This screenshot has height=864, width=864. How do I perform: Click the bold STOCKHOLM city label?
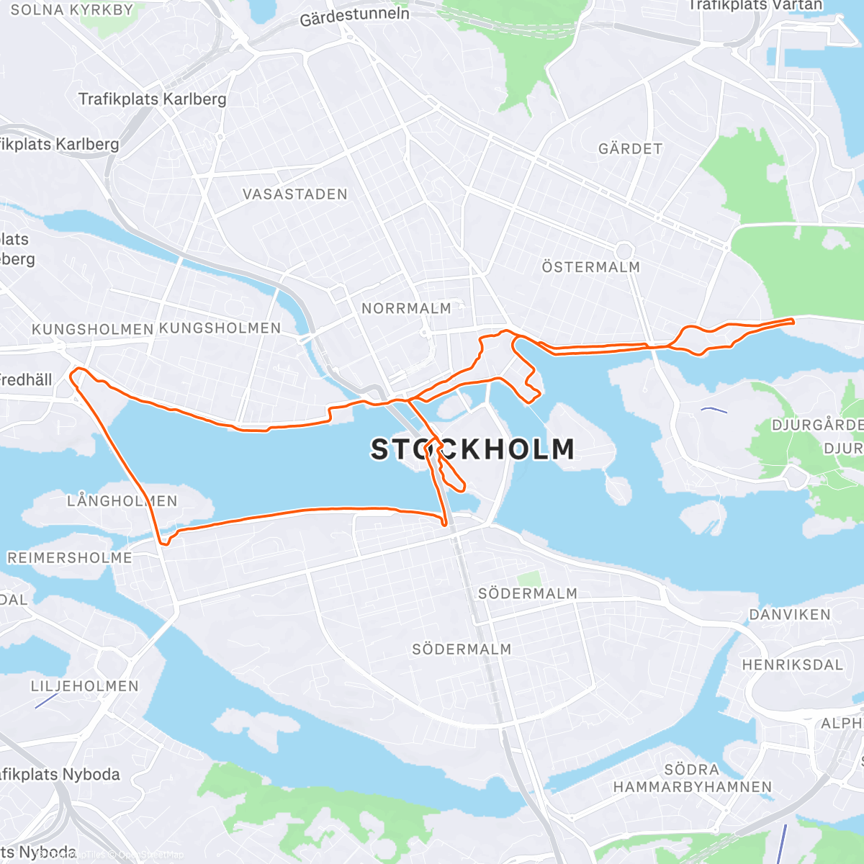pos(473,449)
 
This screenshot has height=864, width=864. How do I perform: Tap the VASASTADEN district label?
pos(294,194)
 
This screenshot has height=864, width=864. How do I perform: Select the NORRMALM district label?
pos(406,308)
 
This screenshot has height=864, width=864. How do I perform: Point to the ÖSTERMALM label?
pos(590,267)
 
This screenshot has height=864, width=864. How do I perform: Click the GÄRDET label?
pos(630,149)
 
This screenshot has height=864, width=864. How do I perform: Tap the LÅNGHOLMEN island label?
pos(122,500)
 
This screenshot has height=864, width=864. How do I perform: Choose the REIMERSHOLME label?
pos(69,558)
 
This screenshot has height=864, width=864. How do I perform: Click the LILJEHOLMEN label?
pos(84,686)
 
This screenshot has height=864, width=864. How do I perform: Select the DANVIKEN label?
pos(790,615)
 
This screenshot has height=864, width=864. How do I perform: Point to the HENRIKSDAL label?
pos(792,665)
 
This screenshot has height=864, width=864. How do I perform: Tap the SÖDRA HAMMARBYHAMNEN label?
pos(692,778)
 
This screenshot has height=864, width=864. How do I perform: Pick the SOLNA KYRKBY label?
pos(72,10)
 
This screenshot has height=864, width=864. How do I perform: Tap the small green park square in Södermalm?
pos(528,579)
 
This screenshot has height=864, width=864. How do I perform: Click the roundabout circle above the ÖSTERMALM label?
pos(624,251)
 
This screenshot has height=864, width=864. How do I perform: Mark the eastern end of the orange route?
pos(792,321)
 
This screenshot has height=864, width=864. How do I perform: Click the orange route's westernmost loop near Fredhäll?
pos(78,372)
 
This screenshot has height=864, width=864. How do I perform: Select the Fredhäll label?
pos(26,379)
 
